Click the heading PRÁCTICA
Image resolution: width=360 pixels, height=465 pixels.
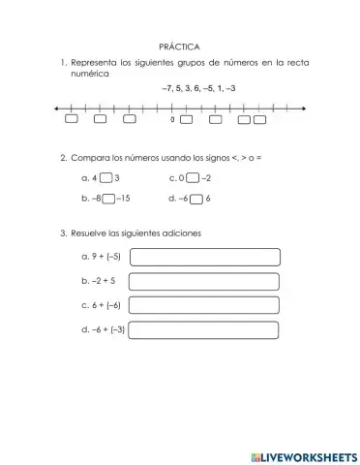click(x=179, y=46)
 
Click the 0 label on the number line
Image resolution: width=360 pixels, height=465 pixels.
click(x=172, y=121)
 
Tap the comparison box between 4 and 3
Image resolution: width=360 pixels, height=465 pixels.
click(x=106, y=178)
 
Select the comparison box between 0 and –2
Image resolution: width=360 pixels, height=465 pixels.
click(x=193, y=178)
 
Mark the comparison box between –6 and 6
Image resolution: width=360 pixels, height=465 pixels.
click(x=196, y=199)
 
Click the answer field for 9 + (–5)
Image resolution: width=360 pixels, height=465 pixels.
click(x=204, y=258)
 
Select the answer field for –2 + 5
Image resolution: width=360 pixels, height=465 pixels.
click(x=204, y=281)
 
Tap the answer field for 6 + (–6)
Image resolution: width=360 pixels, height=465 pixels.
click(x=204, y=305)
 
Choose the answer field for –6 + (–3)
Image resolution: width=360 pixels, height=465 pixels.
click(x=204, y=329)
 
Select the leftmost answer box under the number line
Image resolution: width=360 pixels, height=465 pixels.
click(x=72, y=120)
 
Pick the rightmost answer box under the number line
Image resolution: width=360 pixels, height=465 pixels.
click(x=259, y=120)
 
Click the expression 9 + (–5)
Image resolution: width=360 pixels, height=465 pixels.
click(x=102, y=258)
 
